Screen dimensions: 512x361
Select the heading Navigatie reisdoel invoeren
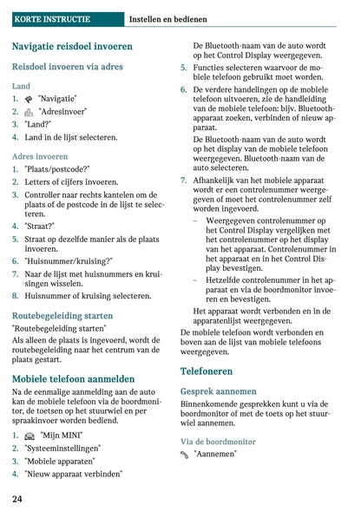pos(72,46)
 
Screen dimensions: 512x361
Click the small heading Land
pos(21,87)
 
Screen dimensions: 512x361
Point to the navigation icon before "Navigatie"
pos(30,100)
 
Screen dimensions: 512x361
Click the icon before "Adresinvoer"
pos(30,113)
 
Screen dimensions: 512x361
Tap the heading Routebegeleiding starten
pos(62,316)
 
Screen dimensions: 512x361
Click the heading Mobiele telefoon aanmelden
pos(74,379)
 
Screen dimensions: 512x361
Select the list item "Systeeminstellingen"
pos(62,448)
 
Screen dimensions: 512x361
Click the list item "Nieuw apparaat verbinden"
pos(73,474)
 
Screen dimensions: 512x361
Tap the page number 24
pos(17,499)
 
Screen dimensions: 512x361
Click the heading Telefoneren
pos(207,371)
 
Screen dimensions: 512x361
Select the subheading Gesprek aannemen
pos(219,391)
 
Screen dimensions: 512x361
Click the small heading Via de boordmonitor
pos(218,442)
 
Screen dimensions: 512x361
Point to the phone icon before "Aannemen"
pos(185,455)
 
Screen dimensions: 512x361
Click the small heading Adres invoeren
pos(40,156)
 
